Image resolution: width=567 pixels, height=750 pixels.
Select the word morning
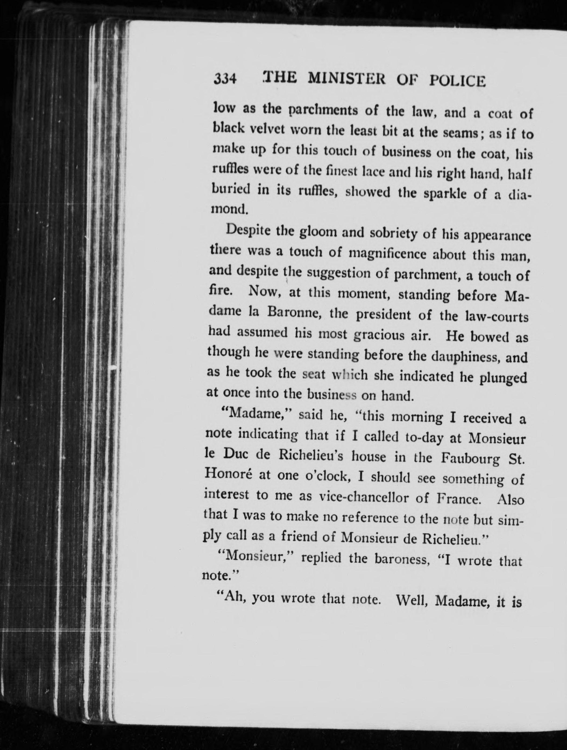417,418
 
